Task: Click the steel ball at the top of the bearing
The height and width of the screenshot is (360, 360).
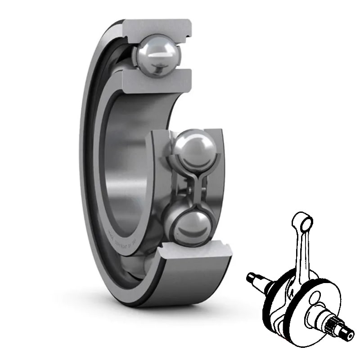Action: pyautogui.click(x=159, y=54)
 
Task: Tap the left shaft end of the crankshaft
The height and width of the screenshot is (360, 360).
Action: pyautogui.click(x=254, y=275)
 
